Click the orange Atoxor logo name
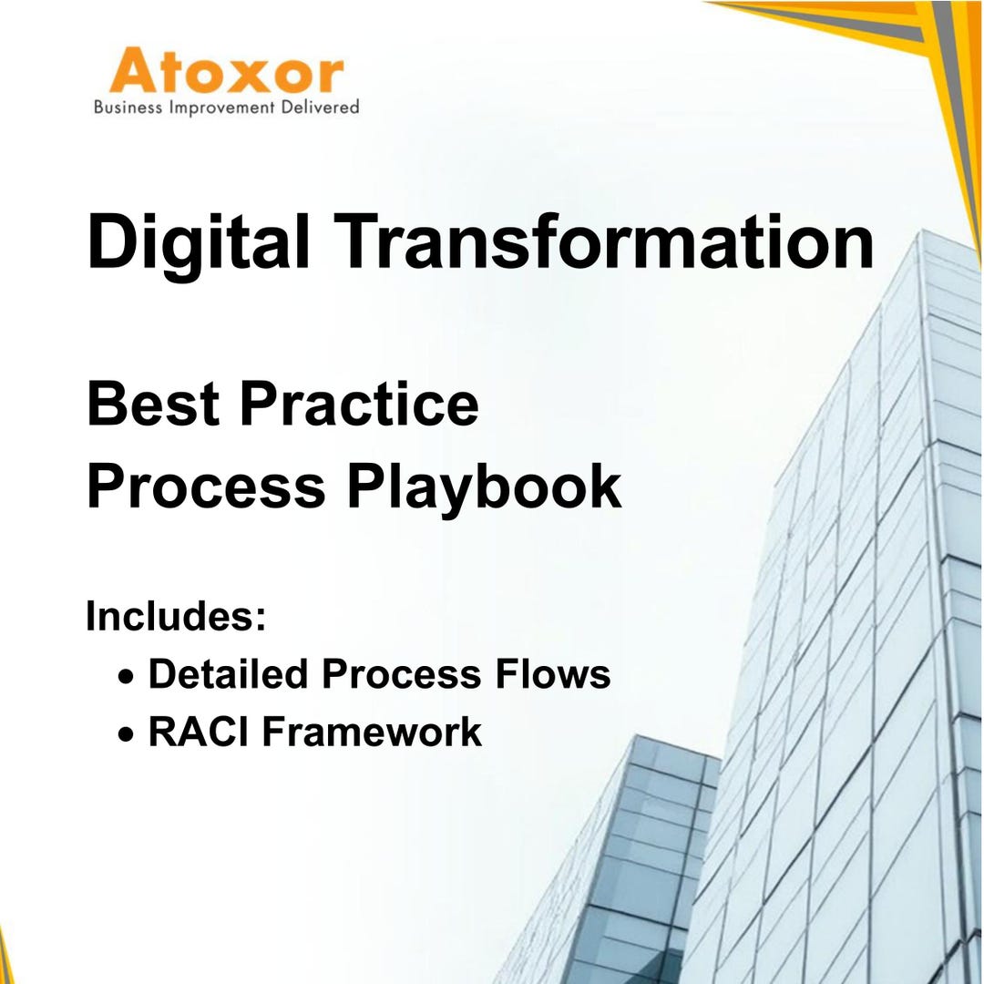point(226,73)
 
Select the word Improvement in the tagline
point(222,108)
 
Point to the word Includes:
point(176,616)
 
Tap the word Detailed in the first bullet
point(228,674)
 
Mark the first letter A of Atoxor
point(134,74)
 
